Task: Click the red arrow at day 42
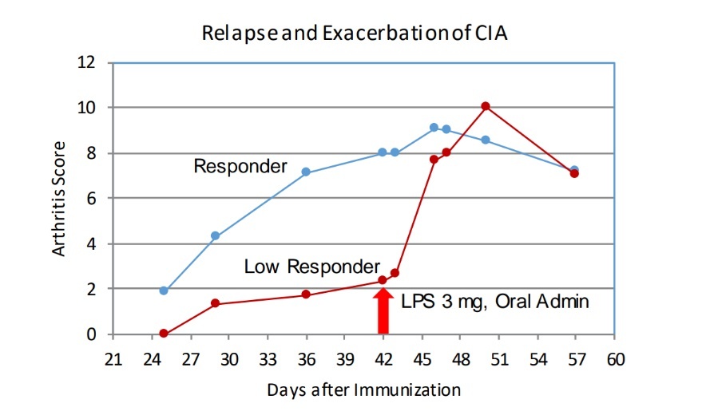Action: point(383,311)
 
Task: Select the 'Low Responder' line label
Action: point(312,265)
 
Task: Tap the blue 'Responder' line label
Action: point(240,166)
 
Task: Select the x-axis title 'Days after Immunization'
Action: point(363,389)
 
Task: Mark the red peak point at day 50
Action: point(486,106)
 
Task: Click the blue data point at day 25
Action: point(164,291)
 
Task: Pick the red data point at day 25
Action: point(164,334)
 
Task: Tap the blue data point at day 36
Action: point(306,172)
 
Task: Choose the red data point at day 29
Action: point(215,303)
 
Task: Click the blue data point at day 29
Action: point(215,235)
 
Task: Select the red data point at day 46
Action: point(434,160)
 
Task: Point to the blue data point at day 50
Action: point(486,140)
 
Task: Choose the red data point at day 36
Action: point(306,294)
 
